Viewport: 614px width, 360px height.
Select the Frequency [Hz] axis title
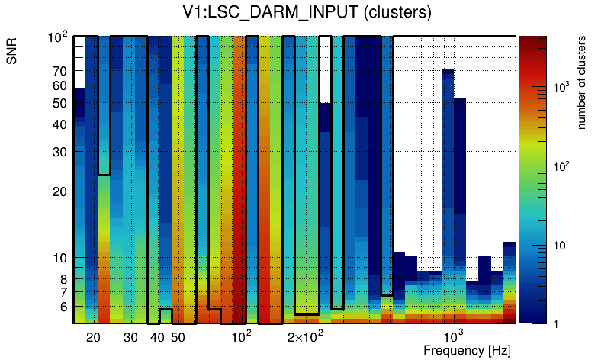pyautogui.click(x=467, y=350)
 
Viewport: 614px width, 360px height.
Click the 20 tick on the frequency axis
pyautogui.click(x=93, y=337)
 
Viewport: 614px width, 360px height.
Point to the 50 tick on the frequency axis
pyautogui.click(x=178, y=337)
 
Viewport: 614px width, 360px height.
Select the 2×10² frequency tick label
pyautogui.click(x=305, y=336)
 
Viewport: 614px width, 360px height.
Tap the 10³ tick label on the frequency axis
pyautogui.click(x=454, y=336)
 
